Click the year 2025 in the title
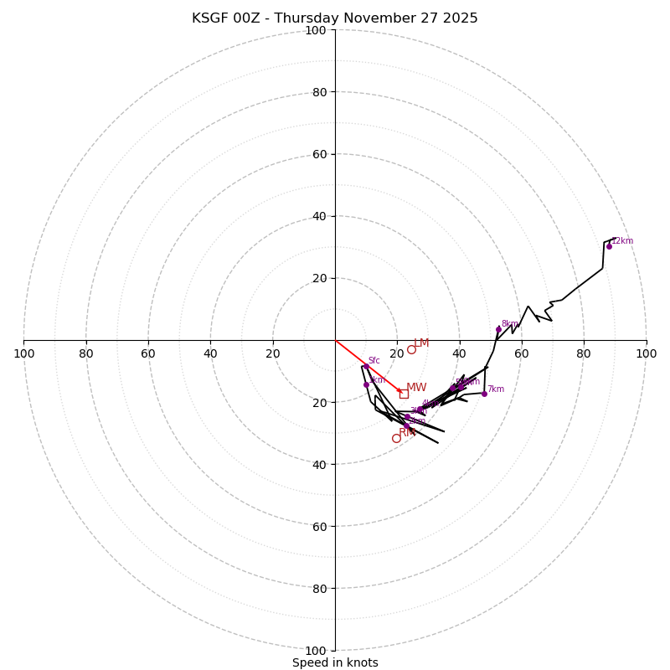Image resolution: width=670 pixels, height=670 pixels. pyautogui.click(x=460, y=18)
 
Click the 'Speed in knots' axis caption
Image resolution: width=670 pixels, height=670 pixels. pyautogui.click(x=335, y=662)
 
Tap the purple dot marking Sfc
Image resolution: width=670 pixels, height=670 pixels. pyautogui.click(x=366, y=367)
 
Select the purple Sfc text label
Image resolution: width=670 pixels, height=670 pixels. pyautogui.click(x=374, y=361)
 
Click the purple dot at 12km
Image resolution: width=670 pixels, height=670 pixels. pyautogui.click(x=609, y=246)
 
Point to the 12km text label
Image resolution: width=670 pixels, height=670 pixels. pyautogui.click(x=622, y=241)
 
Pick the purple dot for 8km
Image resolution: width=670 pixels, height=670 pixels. pyautogui.click(x=498, y=329)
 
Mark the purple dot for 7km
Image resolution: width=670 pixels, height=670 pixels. pyautogui.click(x=484, y=394)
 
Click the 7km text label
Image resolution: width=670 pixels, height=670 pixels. pyautogui.click(x=496, y=389)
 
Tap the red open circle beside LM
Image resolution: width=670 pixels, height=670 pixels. pyautogui.click(x=411, y=349)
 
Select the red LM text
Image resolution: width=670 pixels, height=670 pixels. pyautogui.click(x=421, y=343)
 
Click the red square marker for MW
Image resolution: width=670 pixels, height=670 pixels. pyautogui.click(x=404, y=394)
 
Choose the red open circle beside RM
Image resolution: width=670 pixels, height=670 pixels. pyautogui.click(x=396, y=438)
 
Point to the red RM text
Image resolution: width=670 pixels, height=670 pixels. pyautogui.click(x=407, y=433)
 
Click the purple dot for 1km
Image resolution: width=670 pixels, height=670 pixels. pyautogui.click(x=366, y=385)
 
